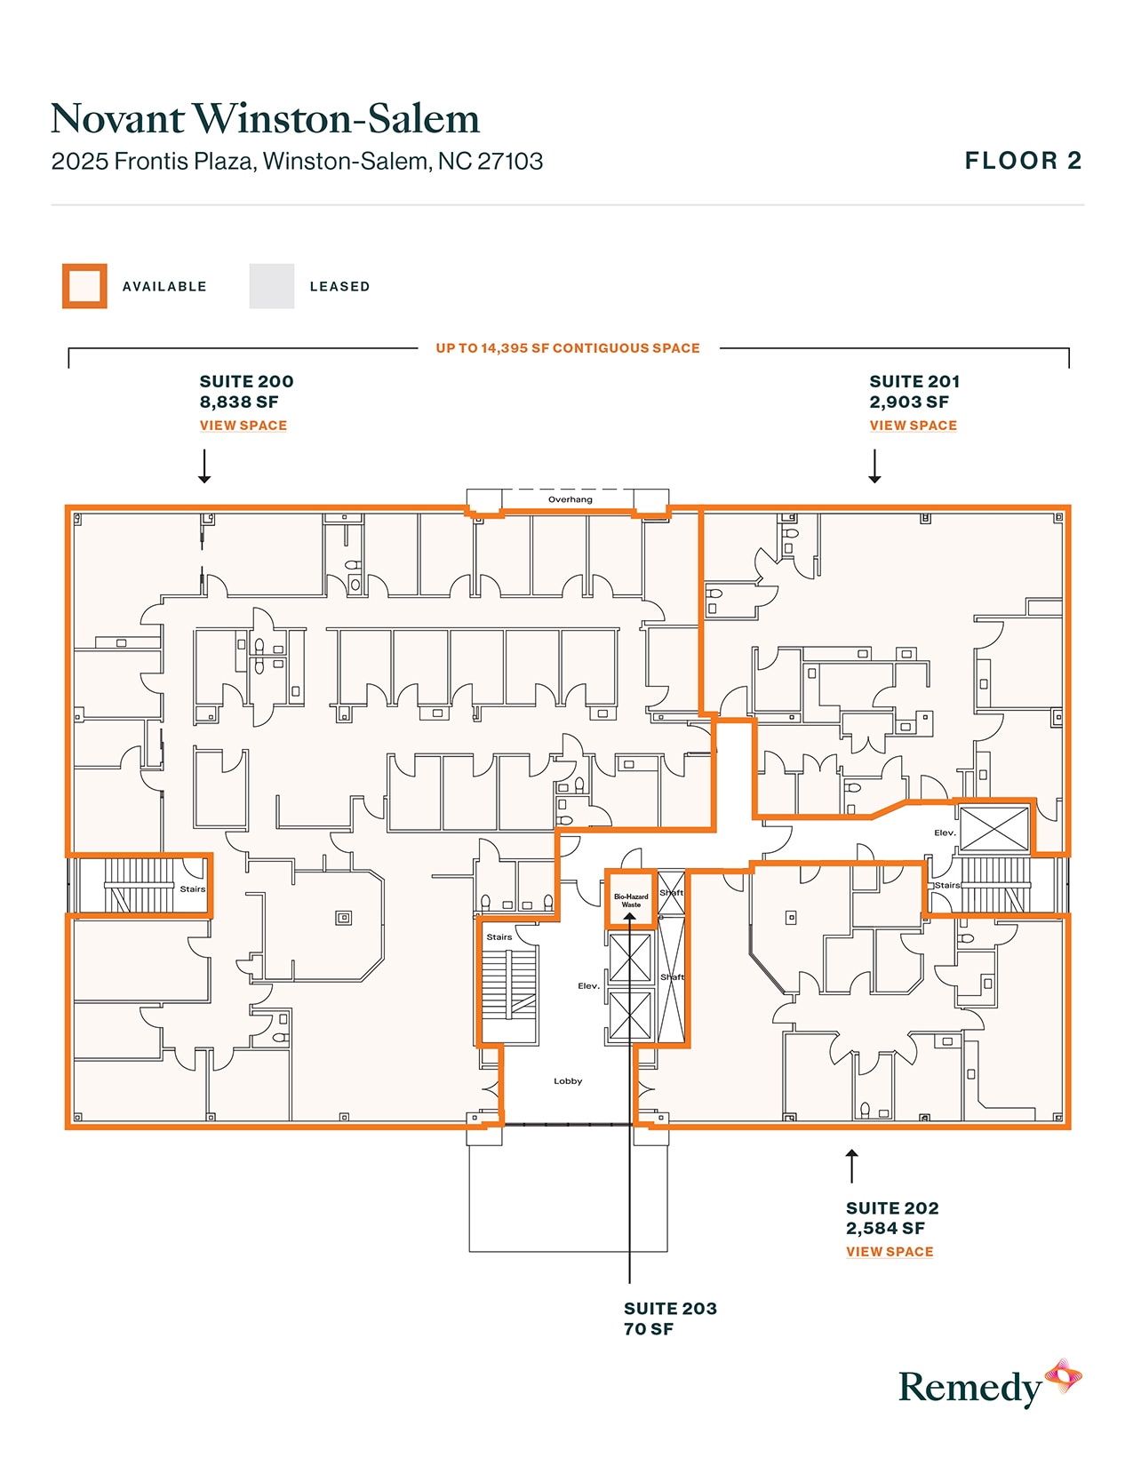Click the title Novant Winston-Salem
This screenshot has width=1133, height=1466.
click(x=265, y=119)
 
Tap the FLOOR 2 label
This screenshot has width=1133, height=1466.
click(x=1023, y=161)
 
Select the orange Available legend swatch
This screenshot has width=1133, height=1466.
click(x=84, y=286)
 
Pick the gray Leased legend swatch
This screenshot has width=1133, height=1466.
click(x=271, y=286)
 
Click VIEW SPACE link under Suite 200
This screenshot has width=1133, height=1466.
click(x=243, y=426)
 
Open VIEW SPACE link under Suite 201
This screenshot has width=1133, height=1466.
click(x=913, y=426)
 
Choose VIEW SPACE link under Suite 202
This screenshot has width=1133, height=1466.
click(x=889, y=1252)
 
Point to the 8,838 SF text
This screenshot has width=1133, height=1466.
click(x=238, y=402)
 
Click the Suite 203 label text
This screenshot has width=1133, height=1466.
click(x=669, y=1309)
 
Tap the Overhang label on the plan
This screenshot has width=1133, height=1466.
click(x=570, y=500)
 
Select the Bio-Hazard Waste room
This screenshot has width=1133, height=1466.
click(x=631, y=900)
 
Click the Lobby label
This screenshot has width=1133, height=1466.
click(x=568, y=1081)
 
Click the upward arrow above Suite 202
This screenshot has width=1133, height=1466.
click(x=851, y=1166)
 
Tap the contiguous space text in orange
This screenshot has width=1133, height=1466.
click(x=567, y=348)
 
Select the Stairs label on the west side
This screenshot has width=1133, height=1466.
click(x=192, y=889)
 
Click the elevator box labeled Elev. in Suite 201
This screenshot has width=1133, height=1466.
click(x=994, y=829)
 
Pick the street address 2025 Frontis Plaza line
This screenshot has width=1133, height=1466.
click(x=297, y=162)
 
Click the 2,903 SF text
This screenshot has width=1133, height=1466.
click(x=908, y=402)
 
